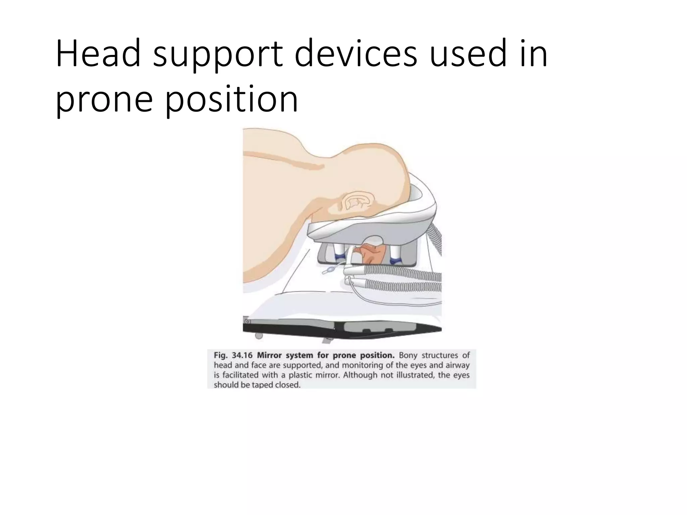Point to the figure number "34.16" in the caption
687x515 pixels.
(x=242, y=355)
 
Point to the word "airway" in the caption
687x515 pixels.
(x=457, y=365)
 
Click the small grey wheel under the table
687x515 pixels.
(x=258, y=336)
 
